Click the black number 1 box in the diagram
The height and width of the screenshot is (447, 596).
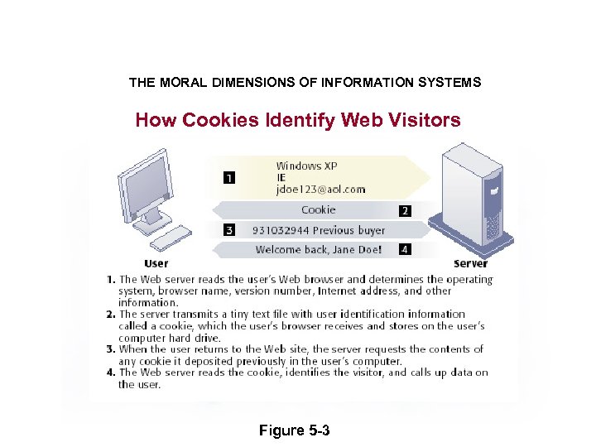pyautogui.click(x=228, y=176)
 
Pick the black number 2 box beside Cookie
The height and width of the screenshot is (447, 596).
pyautogui.click(x=404, y=211)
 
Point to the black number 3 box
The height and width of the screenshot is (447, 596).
pyautogui.click(x=229, y=230)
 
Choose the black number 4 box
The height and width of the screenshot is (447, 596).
pyautogui.click(x=404, y=248)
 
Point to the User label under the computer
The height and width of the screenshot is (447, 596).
pyautogui.click(x=156, y=263)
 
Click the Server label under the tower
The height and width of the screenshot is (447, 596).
pyautogui.click(x=470, y=263)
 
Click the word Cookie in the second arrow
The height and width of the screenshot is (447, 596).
pyautogui.click(x=319, y=210)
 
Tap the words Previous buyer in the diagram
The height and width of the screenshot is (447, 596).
pyautogui.click(x=348, y=230)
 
